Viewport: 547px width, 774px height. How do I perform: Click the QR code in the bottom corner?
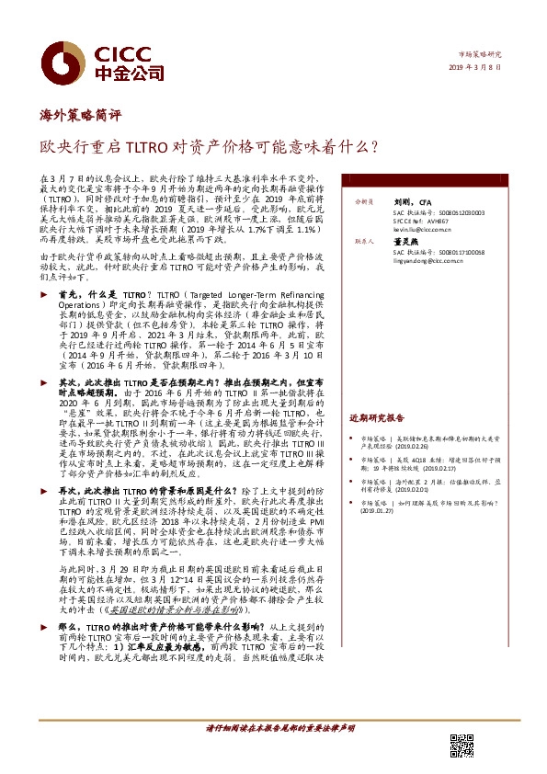tap(462, 746)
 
